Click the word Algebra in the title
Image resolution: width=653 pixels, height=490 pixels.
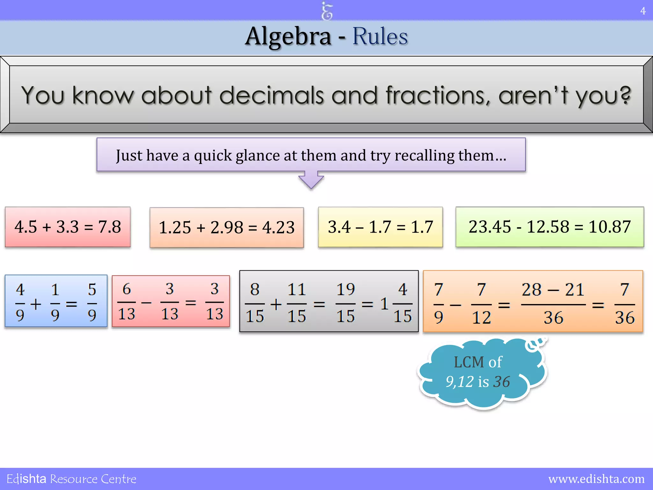288,37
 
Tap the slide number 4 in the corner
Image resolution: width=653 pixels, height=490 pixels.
643,11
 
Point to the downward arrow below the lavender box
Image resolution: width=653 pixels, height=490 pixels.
311,181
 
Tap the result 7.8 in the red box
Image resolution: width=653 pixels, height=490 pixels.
109,227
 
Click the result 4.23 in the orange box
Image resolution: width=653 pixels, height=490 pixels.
278,228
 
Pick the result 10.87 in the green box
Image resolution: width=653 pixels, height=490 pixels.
609,227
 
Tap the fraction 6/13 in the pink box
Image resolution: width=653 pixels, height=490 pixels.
127,302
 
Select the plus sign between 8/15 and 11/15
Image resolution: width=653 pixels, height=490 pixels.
276,304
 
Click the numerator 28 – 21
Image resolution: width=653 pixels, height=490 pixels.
553,290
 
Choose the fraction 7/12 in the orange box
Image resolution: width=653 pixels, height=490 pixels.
481,304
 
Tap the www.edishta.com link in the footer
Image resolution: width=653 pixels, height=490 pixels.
596,479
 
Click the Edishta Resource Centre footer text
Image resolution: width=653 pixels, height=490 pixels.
71,479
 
